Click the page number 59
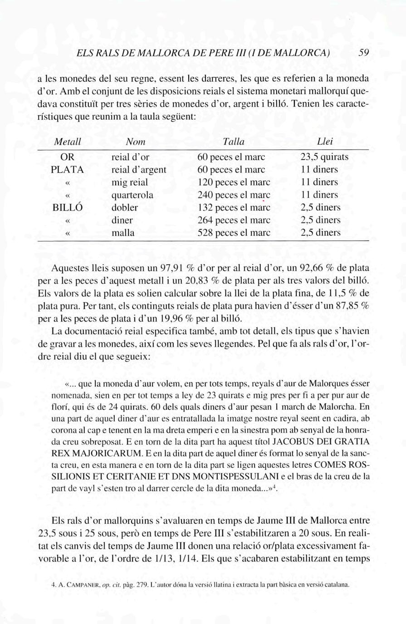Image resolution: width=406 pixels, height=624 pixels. tap(364, 53)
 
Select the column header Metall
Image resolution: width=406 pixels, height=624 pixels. tap(67, 142)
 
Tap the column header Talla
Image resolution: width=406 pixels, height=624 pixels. tap(234, 142)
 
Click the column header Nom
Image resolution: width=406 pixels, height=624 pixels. tap(135, 142)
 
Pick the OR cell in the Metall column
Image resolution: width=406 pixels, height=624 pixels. tap(67, 157)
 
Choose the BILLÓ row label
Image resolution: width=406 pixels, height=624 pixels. tap(67, 208)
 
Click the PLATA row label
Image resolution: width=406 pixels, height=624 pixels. tap(67, 170)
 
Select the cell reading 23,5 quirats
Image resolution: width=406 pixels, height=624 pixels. tap(325, 157)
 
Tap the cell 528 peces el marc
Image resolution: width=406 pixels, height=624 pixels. tap(234, 233)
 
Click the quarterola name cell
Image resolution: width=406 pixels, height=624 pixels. tap(132, 195)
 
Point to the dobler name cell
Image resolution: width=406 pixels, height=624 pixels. tap(125, 208)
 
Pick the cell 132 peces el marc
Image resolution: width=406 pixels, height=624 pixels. tap(234, 208)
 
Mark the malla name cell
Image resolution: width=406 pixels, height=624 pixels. tap(123, 233)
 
